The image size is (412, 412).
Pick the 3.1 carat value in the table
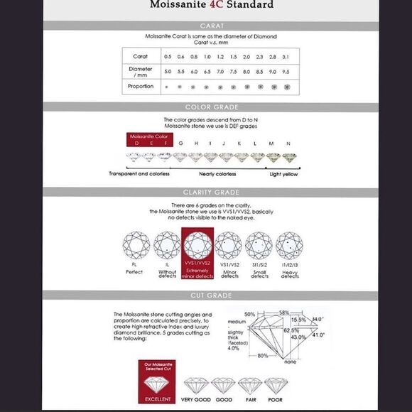[x=286, y=56]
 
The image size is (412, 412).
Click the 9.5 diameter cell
[x=286, y=71]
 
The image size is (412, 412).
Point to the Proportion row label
[x=141, y=87]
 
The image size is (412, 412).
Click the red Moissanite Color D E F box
[x=149, y=139]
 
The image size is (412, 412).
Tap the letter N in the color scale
[x=288, y=143]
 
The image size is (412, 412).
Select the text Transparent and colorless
[x=139, y=174]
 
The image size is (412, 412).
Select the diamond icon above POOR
[x=276, y=385]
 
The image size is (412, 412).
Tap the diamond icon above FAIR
[x=248, y=385]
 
